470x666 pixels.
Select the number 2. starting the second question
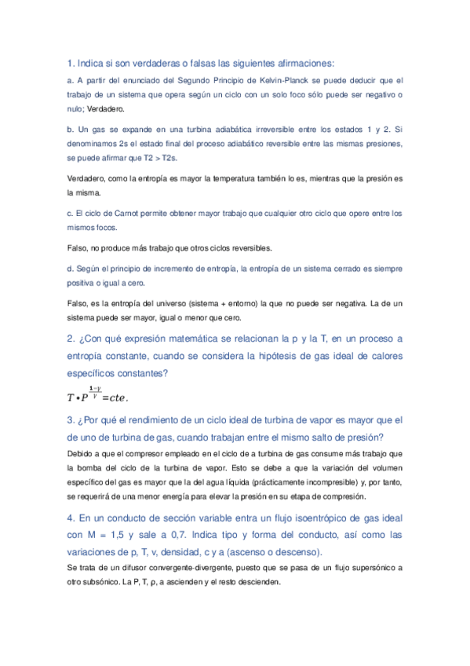(71, 339)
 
